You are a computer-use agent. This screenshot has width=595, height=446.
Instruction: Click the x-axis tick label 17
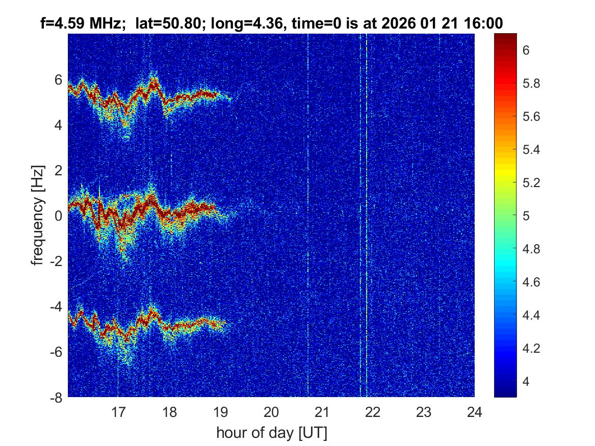pyautogui.click(x=118, y=411)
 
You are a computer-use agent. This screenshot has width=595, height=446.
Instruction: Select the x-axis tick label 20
pyautogui.click(x=271, y=411)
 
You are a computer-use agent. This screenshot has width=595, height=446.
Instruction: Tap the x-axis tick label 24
pyautogui.click(x=475, y=411)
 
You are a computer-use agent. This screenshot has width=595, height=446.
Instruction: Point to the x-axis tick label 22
pyautogui.click(x=373, y=411)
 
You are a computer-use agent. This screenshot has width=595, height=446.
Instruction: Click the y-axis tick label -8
pyautogui.click(x=56, y=397)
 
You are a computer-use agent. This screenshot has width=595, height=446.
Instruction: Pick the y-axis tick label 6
pyautogui.click(x=59, y=80)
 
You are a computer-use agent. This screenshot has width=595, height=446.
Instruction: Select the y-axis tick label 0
pyautogui.click(x=59, y=216)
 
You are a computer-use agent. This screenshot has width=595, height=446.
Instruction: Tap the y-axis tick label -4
pyautogui.click(x=56, y=306)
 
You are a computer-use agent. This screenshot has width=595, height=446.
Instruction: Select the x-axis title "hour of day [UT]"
pyautogui.click(x=271, y=433)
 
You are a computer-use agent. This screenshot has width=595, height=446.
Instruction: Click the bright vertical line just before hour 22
pyautogui.click(x=367, y=214)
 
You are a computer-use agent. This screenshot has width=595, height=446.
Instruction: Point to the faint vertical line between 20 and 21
pyautogui.click(x=308, y=214)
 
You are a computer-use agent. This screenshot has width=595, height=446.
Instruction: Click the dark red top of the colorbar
pyautogui.click(x=505, y=38)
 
